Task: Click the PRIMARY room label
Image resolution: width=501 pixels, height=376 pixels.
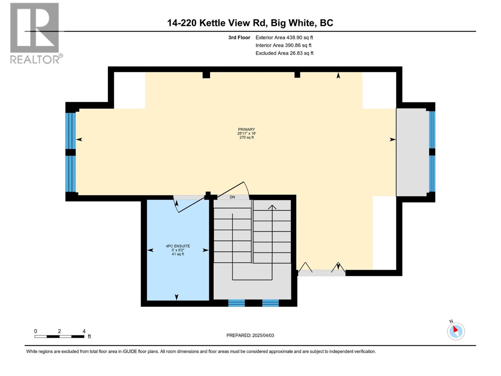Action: [x=246, y=129]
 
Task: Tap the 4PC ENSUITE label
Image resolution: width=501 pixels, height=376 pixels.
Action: [x=178, y=246]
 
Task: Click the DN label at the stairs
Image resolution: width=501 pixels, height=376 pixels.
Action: [x=232, y=197]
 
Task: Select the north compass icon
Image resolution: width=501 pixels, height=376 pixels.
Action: [x=456, y=331]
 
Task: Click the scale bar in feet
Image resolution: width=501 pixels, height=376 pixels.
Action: [x=59, y=336]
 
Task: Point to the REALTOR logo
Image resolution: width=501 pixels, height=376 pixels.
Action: [x=35, y=33]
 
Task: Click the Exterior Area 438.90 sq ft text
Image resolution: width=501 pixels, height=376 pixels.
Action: [x=284, y=38]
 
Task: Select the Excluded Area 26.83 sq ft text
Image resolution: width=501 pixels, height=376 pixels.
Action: [x=284, y=53]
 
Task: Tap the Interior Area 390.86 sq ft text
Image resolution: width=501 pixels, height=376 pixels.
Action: [x=283, y=45]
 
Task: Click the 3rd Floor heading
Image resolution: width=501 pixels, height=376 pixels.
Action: [x=239, y=38]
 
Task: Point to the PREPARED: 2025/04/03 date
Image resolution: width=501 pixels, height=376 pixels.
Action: [x=250, y=335]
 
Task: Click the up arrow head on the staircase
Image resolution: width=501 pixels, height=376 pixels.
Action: [x=272, y=207]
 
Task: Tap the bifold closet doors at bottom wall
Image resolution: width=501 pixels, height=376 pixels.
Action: [x=322, y=269]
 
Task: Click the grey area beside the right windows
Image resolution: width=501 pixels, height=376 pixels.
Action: [x=412, y=152]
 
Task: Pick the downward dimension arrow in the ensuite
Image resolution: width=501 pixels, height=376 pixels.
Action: [x=177, y=297]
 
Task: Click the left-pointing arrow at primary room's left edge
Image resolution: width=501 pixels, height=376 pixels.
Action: [x=79, y=139]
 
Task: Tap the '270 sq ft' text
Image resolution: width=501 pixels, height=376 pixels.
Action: [x=246, y=138]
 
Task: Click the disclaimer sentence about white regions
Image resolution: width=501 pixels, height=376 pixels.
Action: [x=201, y=352]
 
